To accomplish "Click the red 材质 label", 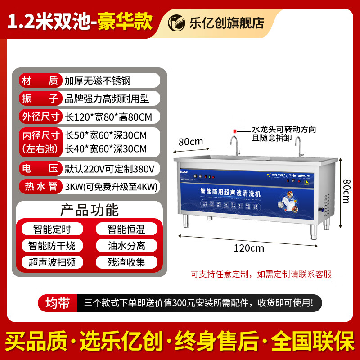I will pos(40,81).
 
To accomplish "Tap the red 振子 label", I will pos(40,98).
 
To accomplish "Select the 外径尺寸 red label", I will pos(40,117).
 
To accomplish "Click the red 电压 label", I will pos(40,169).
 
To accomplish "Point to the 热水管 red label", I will pos(40,186).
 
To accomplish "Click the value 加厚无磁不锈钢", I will pos(97,81).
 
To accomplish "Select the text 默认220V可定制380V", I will pos(110,169).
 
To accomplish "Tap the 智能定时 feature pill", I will pos(52,229).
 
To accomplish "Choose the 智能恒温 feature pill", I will pos(126,229).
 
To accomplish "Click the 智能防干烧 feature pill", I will pos(52,245).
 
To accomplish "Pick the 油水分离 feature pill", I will pos(126,245).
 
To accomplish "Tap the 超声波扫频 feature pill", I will pos(52,262).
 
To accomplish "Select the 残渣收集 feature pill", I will pos(126,262).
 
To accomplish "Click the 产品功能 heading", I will pos(90,210).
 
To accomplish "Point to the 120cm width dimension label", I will pos(248,247).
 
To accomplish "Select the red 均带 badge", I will pos(57,303).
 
